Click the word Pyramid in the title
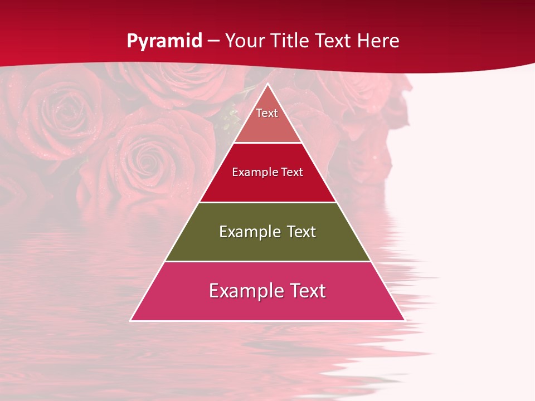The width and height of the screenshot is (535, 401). pos(164,41)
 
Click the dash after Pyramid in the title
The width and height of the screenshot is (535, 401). pos(213,41)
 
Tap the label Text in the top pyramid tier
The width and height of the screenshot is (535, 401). pos(267,113)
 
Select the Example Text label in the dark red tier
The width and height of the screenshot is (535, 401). pos(267,172)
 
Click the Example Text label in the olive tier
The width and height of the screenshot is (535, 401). pos(267,232)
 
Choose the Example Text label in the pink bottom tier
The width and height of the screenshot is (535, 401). pos(267,291)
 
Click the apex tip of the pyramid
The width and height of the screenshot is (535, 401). pos(267,84)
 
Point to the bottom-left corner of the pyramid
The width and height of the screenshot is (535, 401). pos(131,320)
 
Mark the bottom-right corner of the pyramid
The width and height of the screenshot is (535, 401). pos(404,320)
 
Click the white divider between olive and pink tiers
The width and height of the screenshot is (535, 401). pos(267,261)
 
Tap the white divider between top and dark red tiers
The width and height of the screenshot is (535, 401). pos(267,143)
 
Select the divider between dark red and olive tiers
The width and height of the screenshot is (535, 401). pos(267,202)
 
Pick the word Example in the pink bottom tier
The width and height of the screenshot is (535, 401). pos(243,291)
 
